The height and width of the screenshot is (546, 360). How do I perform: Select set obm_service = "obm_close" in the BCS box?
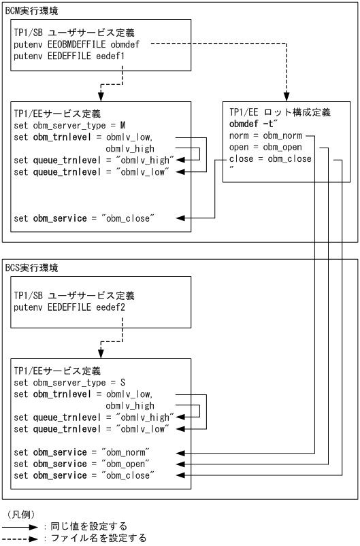84,475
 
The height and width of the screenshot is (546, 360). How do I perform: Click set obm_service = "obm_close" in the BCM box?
84,218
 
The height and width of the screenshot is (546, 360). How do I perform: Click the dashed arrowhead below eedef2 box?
101,352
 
